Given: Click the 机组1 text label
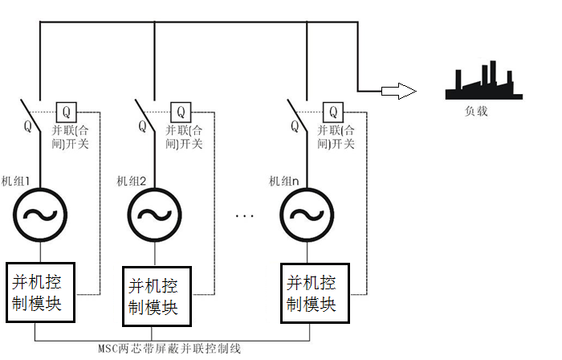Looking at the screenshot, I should point(16,180).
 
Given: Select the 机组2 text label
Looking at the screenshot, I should point(131,180).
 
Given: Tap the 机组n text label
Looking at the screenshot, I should point(282,180).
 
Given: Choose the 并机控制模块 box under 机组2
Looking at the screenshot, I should point(155,297).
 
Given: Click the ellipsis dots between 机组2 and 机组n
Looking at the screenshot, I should point(246,215).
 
